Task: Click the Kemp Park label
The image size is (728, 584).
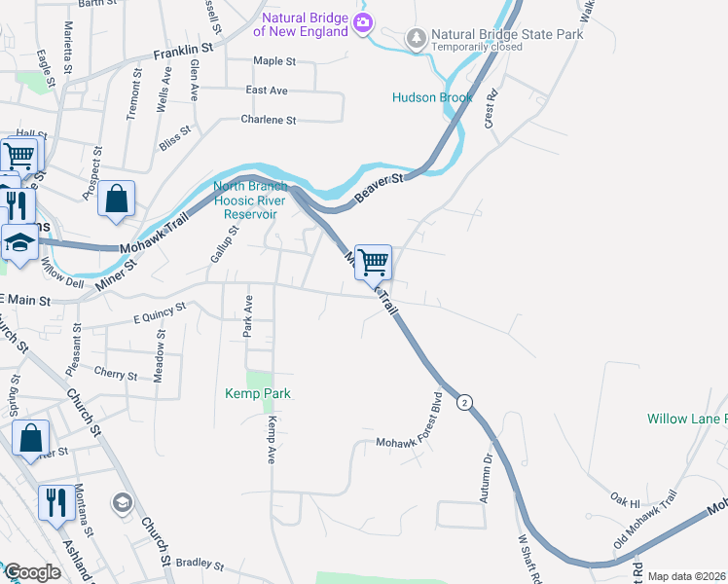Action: pyautogui.click(x=258, y=393)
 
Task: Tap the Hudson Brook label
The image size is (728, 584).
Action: pyautogui.click(x=432, y=97)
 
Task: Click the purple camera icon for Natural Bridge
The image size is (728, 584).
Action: pyautogui.click(x=363, y=23)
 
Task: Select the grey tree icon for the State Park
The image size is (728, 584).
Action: pyautogui.click(x=417, y=38)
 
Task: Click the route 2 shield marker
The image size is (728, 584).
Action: pyautogui.click(x=465, y=402)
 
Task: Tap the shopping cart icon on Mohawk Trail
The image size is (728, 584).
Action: pyautogui.click(x=373, y=261)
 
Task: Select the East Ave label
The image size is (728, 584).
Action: pyautogui.click(x=267, y=91)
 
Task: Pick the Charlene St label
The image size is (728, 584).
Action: pyautogui.click(x=268, y=120)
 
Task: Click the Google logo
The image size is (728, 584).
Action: pyautogui.click(x=32, y=572)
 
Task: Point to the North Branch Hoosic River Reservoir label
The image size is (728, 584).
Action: pyautogui.click(x=251, y=201)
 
